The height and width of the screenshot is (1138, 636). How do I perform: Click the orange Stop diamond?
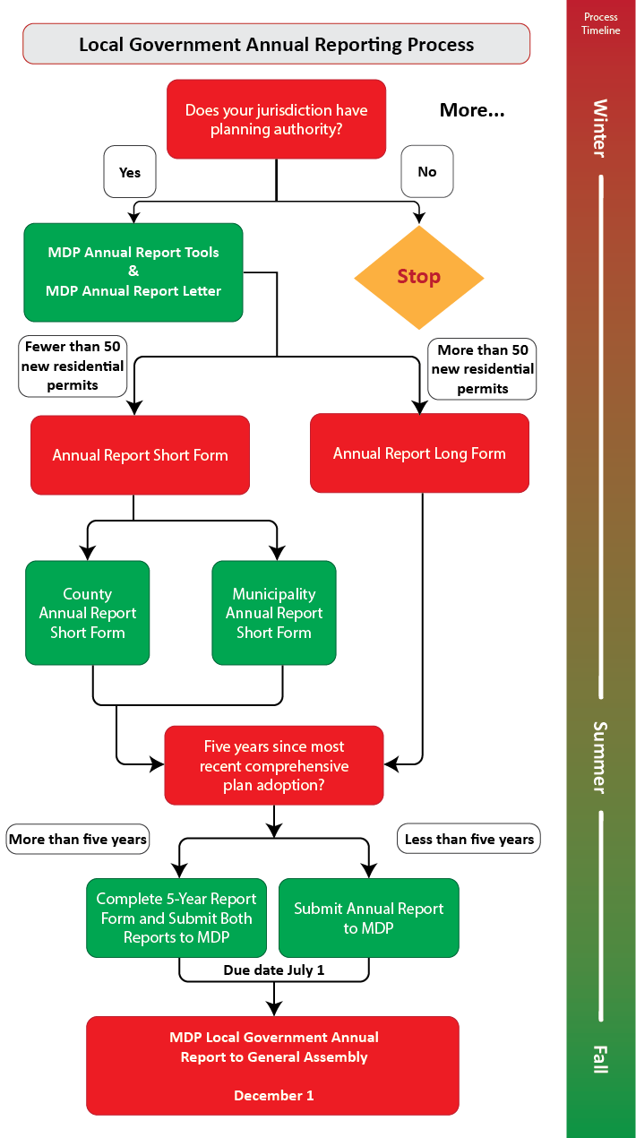tap(419, 277)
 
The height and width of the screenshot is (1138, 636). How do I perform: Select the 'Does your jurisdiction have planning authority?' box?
tap(276, 119)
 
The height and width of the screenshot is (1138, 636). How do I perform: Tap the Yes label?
tap(130, 171)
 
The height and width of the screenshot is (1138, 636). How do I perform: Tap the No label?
tap(427, 171)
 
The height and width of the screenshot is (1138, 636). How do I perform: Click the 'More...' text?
tap(472, 110)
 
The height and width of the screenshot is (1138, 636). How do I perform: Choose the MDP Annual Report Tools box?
tap(133, 272)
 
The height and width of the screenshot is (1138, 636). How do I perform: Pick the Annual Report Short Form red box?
tap(140, 454)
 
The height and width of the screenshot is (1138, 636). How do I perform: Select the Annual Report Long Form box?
tap(419, 453)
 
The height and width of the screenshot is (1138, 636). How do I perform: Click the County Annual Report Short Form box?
tap(88, 613)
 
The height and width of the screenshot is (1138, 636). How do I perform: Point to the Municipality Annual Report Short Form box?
tap(274, 613)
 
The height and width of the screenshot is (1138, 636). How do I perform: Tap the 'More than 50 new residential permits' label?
tap(482, 368)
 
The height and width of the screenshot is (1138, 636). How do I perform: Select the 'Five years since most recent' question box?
tap(274, 765)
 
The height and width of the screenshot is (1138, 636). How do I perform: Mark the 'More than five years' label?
tap(78, 840)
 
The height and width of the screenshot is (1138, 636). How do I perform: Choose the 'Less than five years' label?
tap(468, 839)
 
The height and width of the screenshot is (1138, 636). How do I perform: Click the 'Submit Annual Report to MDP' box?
tap(369, 918)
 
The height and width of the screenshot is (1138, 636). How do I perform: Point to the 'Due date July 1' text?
tap(274, 970)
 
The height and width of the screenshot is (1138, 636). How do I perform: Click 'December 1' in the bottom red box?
tap(273, 1095)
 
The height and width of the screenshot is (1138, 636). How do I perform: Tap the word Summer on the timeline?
tap(600, 757)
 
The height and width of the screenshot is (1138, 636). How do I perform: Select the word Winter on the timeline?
tap(600, 127)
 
